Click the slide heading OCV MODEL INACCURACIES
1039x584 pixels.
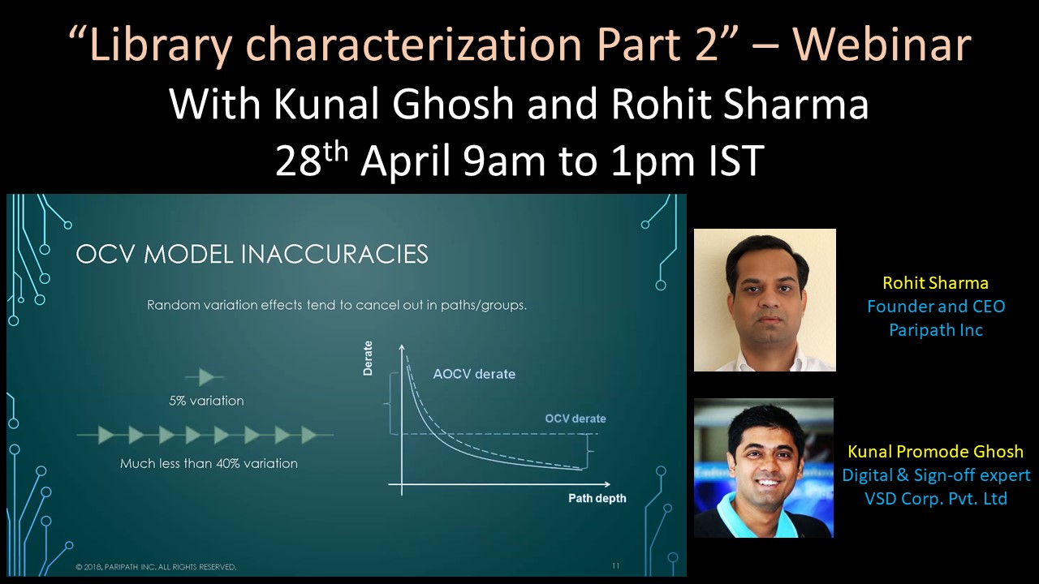pyautogui.click(x=252, y=254)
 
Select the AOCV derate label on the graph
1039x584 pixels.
pyautogui.click(x=474, y=374)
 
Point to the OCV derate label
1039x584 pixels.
pyautogui.click(x=576, y=419)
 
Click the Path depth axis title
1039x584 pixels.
pyautogui.click(x=597, y=498)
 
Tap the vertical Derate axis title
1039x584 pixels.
pyautogui.click(x=368, y=358)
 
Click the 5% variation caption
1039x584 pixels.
pyautogui.click(x=206, y=401)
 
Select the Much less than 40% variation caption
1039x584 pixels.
pyautogui.click(x=209, y=463)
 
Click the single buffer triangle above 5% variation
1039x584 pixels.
pyautogui.click(x=206, y=377)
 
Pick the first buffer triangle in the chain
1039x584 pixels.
pyautogui.click(x=106, y=435)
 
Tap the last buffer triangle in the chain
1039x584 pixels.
pyautogui.click(x=309, y=435)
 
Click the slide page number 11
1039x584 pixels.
pyautogui.click(x=616, y=565)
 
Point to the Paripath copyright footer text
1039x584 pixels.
pyautogui.click(x=157, y=567)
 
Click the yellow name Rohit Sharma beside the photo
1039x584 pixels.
pyautogui.click(x=935, y=283)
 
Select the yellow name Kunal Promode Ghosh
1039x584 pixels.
pyautogui.click(x=936, y=451)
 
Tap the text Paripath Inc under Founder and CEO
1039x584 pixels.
pyautogui.click(x=936, y=330)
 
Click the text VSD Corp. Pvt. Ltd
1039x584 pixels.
pyautogui.click(x=936, y=498)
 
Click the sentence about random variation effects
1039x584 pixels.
pyautogui.click(x=337, y=306)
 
